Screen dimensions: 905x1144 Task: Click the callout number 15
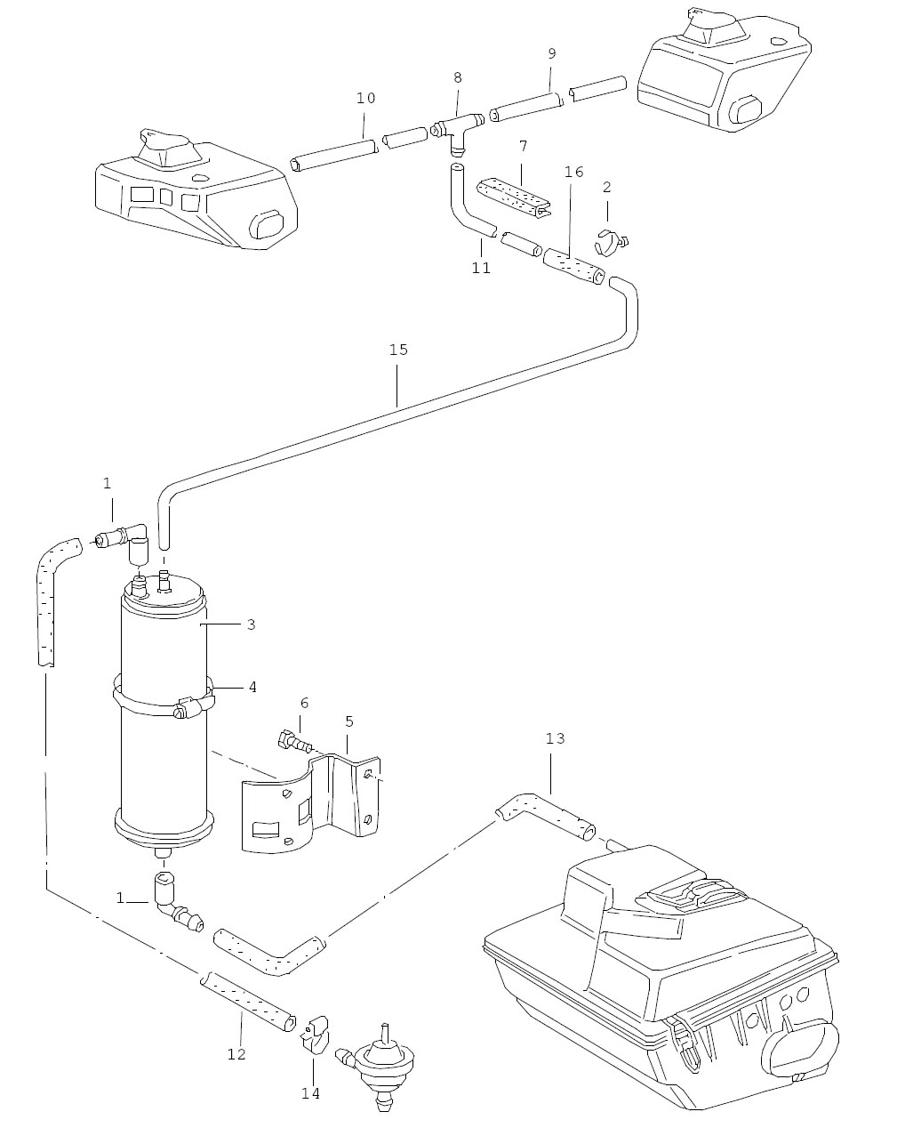click(398, 350)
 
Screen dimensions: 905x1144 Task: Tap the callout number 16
click(573, 172)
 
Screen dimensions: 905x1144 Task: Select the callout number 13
click(555, 738)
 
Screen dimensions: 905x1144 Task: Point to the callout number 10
click(365, 98)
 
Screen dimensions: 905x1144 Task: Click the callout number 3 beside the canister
click(252, 624)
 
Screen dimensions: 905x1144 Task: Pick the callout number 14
click(311, 1093)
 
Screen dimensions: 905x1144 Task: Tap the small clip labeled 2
click(612, 242)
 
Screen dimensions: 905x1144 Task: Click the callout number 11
click(481, 268)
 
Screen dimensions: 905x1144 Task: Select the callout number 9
click(551, 53)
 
